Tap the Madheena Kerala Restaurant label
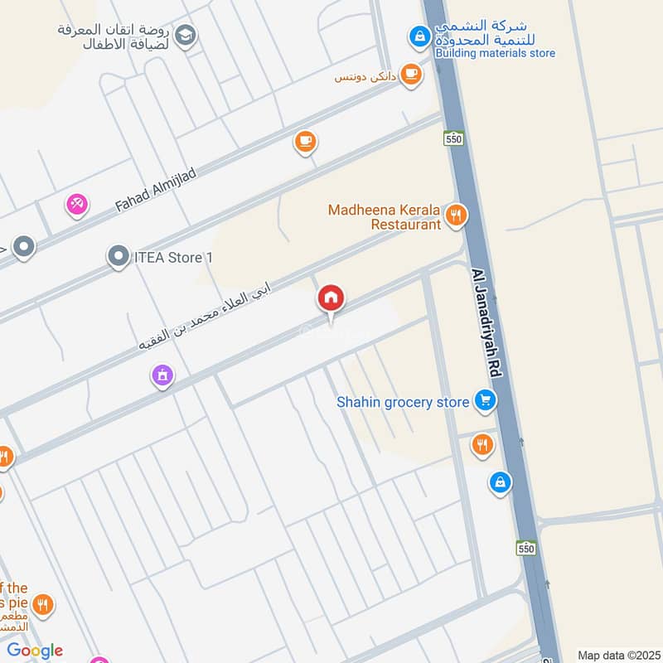coord(385,217)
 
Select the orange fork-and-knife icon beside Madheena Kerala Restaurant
coord(455,217)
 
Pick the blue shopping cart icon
coord(486,402)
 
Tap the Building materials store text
coord(495,54)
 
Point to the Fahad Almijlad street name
coord(156,188)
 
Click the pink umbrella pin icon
coord(78,203)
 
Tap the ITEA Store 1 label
coord(173,258)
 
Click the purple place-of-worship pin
coord(162,376)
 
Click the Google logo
coord(35,650)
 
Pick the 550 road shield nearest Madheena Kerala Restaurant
coord(452,139)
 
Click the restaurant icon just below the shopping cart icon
coord(482,445)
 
